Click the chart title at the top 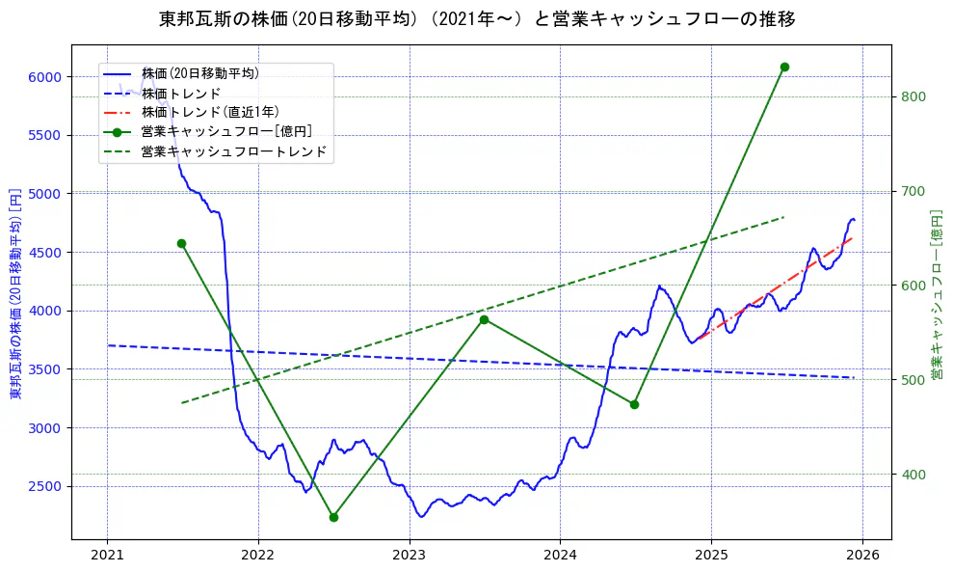pyautogui.click(x=476, y=19)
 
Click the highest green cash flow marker pyautogui.click(x=784, y=67)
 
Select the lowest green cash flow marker pyautogui.click(x=333, y=517)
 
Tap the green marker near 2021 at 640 pyautogui.click(x=181, y=243)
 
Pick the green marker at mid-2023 pyautogui.click(x=484, y=319)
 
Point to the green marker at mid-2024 pyautogui.click(x=634, y=404)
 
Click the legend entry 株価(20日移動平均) pyautogui.click(x=199, y=72)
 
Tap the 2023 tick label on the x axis pyautogui.click(x=409, y=555)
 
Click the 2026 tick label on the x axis pyautogui.click(x=861, y=555)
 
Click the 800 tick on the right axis pyautogui.click(x=913, y=96)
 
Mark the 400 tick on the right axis pyautogui.click(x=913, y=475)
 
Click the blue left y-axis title pyautogui.click(x=14, y=294)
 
